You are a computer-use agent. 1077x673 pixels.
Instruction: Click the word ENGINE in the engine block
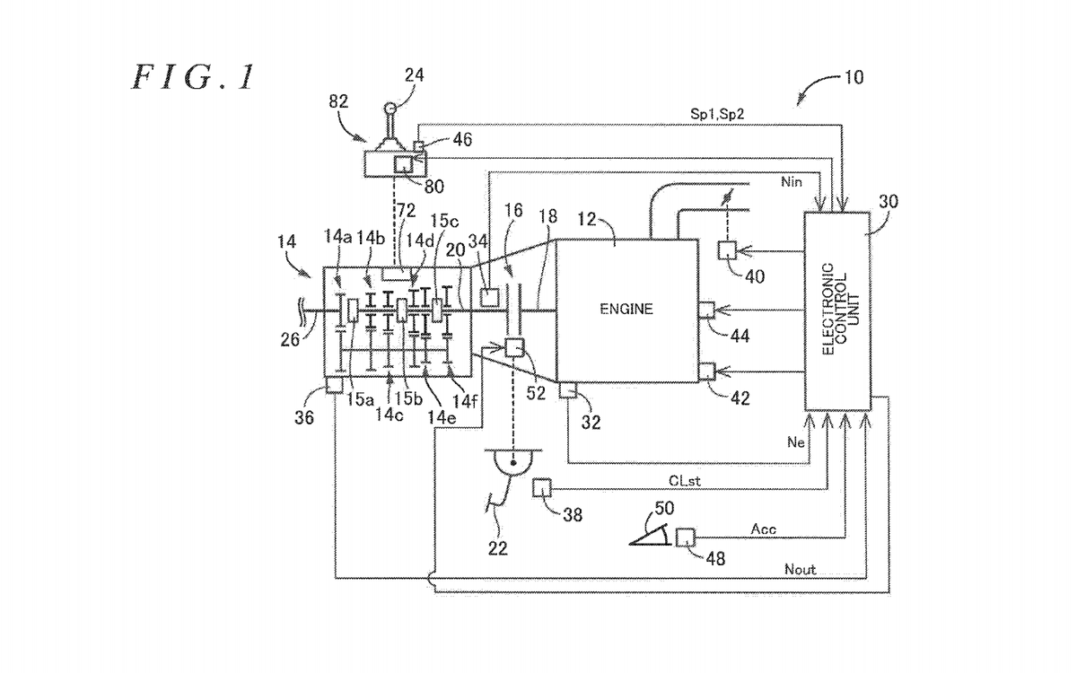pyautogui.click(x=626, y=309)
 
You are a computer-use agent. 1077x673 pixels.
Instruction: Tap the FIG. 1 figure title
pyautogui.click(x=193, y=77)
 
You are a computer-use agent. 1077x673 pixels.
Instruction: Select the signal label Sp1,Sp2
pyautogui.click(x=717, y=114)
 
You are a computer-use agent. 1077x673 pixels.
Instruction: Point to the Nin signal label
pyautogui.click(x=792, y=181)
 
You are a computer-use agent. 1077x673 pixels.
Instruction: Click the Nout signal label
pyautogui.click(x=800, y=570)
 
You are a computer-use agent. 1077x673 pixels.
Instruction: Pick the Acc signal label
pyautogui.click(x=764, y=529)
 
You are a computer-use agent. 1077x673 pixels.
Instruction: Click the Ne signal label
pyautogui.click(x=796, y=442)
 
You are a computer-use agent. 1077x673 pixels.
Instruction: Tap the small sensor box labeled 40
pyautogui.click(x=727, y=251)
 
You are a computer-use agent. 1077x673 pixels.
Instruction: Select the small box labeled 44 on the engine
pyautogui.click(x=706, y=310)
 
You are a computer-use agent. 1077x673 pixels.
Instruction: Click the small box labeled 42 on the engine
pyautogui.click(x=706, y=371)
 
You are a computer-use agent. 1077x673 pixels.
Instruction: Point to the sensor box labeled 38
pyautogui.click(x=542, y=487)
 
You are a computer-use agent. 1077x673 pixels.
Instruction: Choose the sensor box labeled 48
pyautogui.click(x=685, y=538)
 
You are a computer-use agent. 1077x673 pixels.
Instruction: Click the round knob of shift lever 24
pyautogui.click(x=390, y=109)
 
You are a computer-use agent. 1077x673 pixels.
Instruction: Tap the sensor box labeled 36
pyautogui.click(x=335, y=385)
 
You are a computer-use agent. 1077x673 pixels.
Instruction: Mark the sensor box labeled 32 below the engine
pyautogui.click(x=567, y=389)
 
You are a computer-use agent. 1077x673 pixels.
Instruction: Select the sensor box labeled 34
pyautogui.click(x=489, y=297)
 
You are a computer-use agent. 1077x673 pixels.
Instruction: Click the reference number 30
pyautogui.click(x=888, y=201)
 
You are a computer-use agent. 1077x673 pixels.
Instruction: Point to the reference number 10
pyautogui.click(x=854, y=77)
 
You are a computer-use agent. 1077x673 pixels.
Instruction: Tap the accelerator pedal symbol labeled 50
pyautogui.click(x=650, y=535)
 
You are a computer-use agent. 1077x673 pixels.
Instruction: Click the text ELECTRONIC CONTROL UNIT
pyautogui.click(x=842, y=309)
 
